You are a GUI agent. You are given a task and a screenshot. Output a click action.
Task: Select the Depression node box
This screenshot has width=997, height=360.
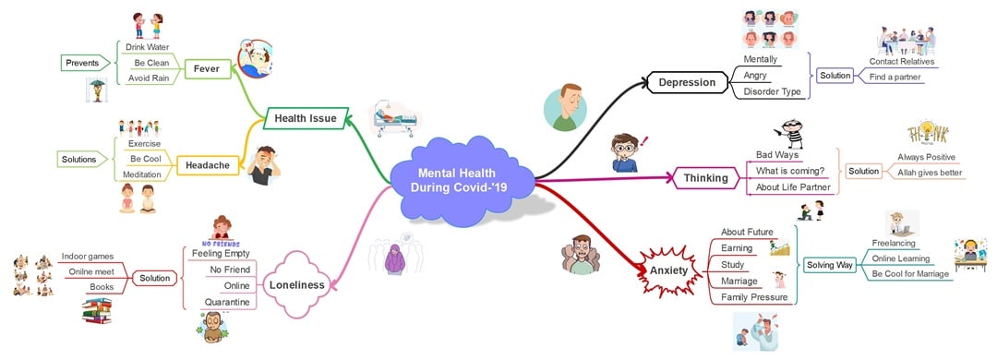pyautogui.click(x=687, y=82)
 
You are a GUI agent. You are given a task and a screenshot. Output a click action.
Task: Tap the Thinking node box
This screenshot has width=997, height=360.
pyautogui.click(x=706, y=177)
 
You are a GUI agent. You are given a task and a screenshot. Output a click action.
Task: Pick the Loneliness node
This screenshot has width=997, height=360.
pyautogui.click(x=296, y=285)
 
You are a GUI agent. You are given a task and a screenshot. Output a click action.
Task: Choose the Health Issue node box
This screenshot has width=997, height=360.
pyautogui.click(x=306, y=118)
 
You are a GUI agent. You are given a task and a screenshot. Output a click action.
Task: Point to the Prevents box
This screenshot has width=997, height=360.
pyautogui.click(x=81, y=63)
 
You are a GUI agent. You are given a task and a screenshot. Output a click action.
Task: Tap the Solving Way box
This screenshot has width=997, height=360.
pyautogui.click(x=829, y=265)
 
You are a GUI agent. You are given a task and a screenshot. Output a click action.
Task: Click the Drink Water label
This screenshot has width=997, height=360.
pyautogui.click(x=148, y=46)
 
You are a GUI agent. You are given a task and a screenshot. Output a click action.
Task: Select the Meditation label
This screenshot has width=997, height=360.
pyautogui.click(x=143, y=174)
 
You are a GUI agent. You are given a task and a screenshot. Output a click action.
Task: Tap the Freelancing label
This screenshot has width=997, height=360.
pyautogui.click(x=894, y=244)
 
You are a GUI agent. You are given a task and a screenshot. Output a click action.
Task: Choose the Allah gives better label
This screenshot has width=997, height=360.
pyautogui.click(x=930, y=172)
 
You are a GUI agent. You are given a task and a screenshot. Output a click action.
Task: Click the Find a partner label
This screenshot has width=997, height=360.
pyautogui.click(x=895, y=77)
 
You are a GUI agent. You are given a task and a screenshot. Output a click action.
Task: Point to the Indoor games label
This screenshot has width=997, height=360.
pyautogui.click(x=87, y=256)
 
